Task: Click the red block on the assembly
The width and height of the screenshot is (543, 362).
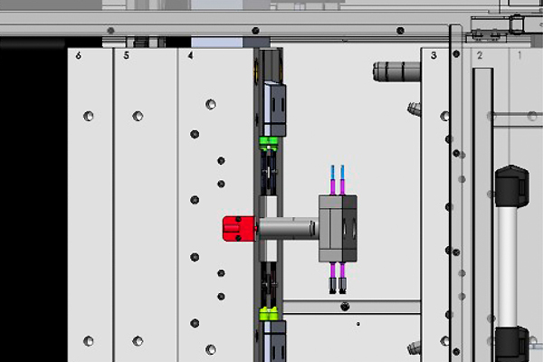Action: [x=239, y=229]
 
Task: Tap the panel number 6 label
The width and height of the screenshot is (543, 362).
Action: [x=79, y=55]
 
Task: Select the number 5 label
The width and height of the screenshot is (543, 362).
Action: [x=127, y=55]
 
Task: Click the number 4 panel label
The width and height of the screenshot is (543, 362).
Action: [x=190, y=55]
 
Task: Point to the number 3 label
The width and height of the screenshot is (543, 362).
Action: [x=433, y=55]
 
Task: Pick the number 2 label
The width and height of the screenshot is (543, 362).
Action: [x=480, y=55]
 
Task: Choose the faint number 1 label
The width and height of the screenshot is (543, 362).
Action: [x=519, y=54]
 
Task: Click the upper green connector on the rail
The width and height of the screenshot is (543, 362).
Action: [x=269, y=142]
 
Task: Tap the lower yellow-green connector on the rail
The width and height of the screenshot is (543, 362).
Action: [x=269, y=313]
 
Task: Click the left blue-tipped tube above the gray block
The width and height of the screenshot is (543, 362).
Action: [x=333, y=180]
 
